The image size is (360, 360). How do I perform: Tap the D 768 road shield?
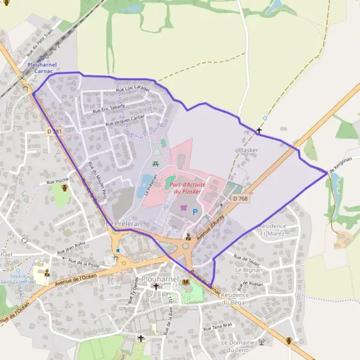tap(239, 198)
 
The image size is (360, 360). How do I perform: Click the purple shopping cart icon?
tap(184, 208)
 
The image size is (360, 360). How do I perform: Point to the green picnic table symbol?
tap(156, 163)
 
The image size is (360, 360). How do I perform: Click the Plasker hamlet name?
tap(248, 150)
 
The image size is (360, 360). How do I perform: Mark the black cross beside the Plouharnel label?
tap(156, 287)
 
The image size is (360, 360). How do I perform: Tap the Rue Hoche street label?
tap(57, 180)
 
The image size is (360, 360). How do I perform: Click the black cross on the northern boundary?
tap(259, 130)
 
